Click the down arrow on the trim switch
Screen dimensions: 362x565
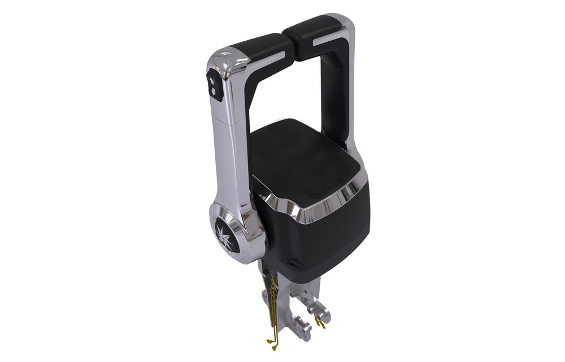(212, 90)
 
